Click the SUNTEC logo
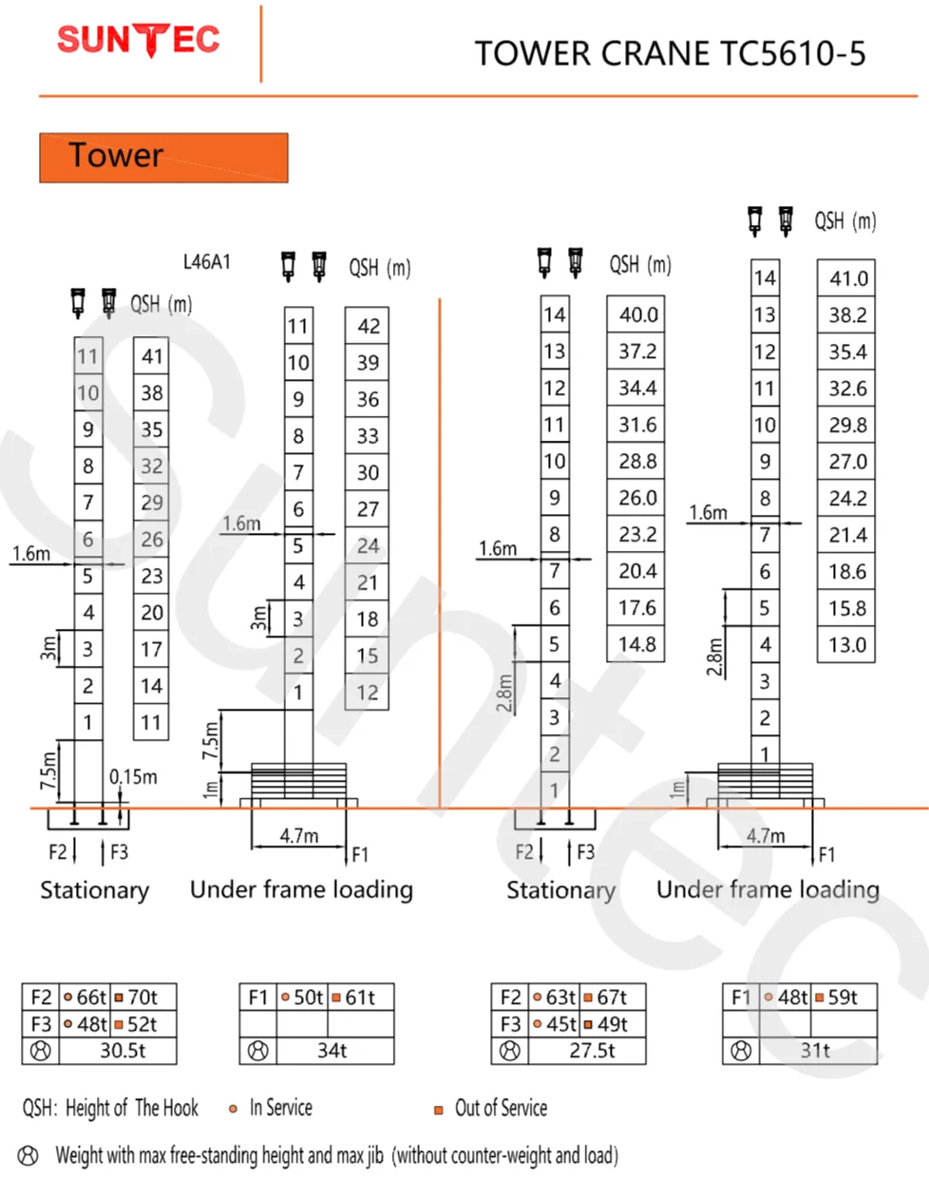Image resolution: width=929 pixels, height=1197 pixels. tap(139, 40)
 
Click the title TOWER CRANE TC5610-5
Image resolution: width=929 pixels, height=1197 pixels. tap(670, 54)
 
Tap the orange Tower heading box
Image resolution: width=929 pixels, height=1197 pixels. tap(163, 157)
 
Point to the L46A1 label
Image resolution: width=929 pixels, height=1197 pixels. tap(206, 261)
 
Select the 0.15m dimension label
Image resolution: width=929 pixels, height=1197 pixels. tap(133, 777)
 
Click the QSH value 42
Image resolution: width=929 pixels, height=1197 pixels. tap(368, 326)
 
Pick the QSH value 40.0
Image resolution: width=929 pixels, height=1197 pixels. tap(637, 314)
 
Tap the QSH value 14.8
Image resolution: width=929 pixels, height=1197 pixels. tap(636, 644)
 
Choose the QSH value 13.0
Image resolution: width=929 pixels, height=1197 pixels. tap(846, 645)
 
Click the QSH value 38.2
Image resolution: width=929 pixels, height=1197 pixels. tap(846, 315)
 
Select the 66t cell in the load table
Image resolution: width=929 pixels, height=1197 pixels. tap(85, 997)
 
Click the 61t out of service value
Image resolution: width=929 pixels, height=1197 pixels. tap(353, 997)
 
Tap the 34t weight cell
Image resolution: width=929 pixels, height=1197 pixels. tap(332, 1051)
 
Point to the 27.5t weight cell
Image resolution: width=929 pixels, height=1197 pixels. tap(593, 1051)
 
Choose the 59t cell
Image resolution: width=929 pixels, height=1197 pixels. tap(836, 997)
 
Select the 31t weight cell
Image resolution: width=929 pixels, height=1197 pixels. tap(815, 1051)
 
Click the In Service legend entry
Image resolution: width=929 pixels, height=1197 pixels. tap(272, 1108)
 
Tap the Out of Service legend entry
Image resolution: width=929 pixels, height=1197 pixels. tap(491, 1109)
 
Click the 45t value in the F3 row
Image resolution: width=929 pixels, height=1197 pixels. tap(555, 1024)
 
